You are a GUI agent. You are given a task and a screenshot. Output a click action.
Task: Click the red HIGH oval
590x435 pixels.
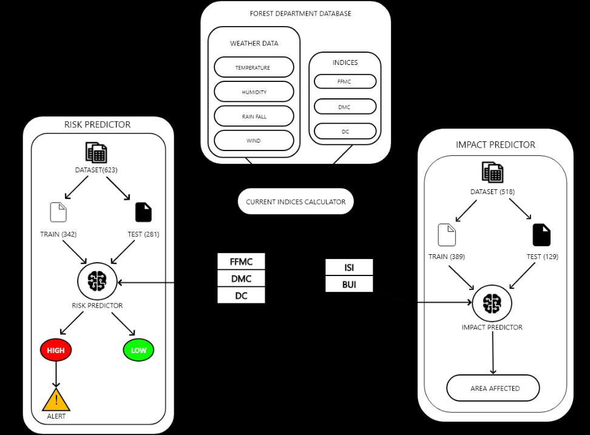click(x=56, y=350)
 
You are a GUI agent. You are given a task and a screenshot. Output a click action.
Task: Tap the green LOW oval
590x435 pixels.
click(x=138, y=350)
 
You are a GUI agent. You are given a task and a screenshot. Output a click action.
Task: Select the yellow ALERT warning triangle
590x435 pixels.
click(x=56, y=400)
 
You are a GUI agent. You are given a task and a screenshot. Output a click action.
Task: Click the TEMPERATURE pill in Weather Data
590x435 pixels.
click(x=254, y=67)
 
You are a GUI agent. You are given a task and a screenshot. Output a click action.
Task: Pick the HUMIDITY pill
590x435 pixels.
click(x=254, y=92)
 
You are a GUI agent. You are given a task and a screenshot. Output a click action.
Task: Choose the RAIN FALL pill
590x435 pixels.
click(x=254, y=116)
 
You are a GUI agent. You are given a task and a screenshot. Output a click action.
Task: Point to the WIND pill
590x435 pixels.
click(x=254, y=141)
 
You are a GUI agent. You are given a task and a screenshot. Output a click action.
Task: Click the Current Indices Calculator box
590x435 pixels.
click(x=296, y=201)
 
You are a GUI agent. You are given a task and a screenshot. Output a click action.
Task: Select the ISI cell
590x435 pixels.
click(x=349, y=268)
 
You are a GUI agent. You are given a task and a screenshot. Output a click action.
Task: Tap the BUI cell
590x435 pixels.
click(x=349, y=284)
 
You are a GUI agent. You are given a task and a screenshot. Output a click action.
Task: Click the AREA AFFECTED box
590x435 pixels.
click(x=493, y=388)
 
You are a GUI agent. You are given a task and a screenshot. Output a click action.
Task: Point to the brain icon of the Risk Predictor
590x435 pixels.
click(x=97, y=281)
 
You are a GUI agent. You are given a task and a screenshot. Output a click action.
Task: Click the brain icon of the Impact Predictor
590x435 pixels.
click(x=492, y=303)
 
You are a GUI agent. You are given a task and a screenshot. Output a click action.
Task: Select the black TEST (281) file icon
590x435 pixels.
click(x=143, y=212)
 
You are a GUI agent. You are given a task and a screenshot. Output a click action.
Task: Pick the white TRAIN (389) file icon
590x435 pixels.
click(x=447, y=235)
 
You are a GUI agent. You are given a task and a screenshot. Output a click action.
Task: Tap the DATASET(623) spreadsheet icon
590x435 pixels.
click(x=96, y=152)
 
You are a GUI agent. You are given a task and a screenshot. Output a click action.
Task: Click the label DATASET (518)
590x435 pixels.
click(x=492, y=192)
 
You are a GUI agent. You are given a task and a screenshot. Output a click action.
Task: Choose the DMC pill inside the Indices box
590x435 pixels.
click(x=345, y=107)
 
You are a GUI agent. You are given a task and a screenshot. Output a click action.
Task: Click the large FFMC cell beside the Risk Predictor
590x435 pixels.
click(x=241, y=262)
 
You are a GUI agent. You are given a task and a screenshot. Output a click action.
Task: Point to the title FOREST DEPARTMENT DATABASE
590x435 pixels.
click(x=300, y=13)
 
